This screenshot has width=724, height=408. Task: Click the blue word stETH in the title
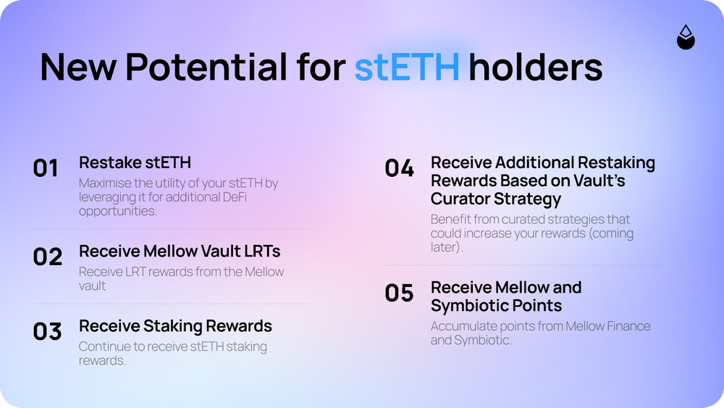pyautogui.click(x=407, y=67)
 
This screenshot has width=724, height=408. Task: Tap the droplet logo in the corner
pyautogui.click(x=686, y=37)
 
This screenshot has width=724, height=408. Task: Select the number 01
pyautogui.click(x=45, y=168)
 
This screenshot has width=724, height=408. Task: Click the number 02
pyautogui.click(x=47, y=257)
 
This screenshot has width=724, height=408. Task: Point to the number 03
pyautogui.click(x=47, y=331)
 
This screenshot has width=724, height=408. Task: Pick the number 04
pyautogui.click(x=400, y=168)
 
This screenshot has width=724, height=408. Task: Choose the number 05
pyautogui.click(x=400, y=293)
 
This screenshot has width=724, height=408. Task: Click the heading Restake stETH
pyautogui.click(x=135, y=162)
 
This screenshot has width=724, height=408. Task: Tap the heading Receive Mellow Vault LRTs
pyautogui.click(x=180, y=251)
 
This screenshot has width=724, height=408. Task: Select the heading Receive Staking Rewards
pyautogui.click(x=175, y=326)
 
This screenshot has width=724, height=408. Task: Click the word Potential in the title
pyautogui.click(x=206, y=67)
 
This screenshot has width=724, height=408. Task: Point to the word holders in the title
pyautogui.click(x=536, y=67)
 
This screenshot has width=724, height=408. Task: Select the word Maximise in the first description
pyautogui.click(x=105, y=183)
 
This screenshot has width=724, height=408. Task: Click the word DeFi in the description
pyautogui.click(x=235, y=197)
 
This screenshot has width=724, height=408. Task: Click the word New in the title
pyautogui.click(x=78, y=67)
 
